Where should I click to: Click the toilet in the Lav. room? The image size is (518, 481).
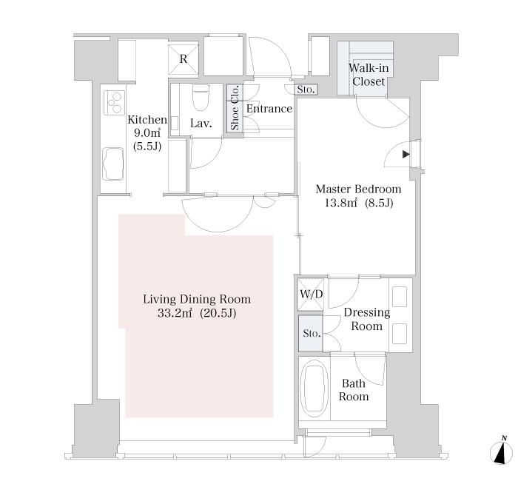[x=201, y=97]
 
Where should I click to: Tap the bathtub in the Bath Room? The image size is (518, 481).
[x=315, y=389]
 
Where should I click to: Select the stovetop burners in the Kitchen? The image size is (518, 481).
[x=114, y=102]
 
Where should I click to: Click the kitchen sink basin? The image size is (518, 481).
[x=113, y=164]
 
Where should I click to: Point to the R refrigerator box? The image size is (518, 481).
[x=183, y=59]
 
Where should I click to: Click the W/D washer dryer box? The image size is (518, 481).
[x=311, y=295]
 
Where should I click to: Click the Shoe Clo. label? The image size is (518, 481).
[x=235, y=108]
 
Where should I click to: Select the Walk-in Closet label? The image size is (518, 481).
[x=369, y=75]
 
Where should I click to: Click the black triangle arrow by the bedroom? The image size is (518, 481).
[x=406, y=154]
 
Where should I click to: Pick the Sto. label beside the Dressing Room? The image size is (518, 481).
[x=312, y=333]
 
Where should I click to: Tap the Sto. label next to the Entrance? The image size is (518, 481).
[x=306, y=90]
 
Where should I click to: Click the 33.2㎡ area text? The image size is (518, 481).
[x=175, y=313]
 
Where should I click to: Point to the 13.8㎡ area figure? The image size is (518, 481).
[x=340, y=203]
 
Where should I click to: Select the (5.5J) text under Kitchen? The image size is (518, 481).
[x=147, y=147]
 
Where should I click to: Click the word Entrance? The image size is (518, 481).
[x=269, y=108]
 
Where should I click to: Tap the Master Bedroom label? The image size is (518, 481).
[x=358, y=189]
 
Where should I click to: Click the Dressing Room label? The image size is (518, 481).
[x=367, y=319]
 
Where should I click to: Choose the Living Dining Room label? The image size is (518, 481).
[x=197, y=299]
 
